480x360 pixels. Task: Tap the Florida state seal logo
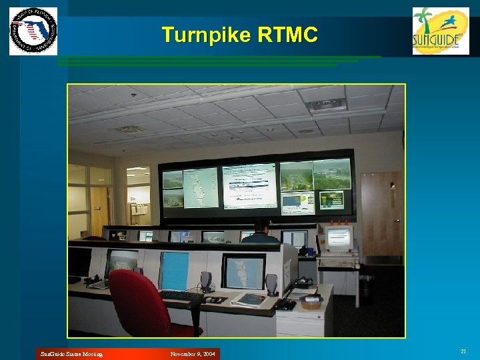[33, 31]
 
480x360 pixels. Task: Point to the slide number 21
[463, 351]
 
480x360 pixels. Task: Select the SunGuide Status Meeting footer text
[70, 354]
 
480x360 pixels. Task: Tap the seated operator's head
[261, 227]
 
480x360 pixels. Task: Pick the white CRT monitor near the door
[339, 238]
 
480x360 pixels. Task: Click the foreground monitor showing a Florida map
[243, 271]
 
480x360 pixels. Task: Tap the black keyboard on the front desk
[181, 295]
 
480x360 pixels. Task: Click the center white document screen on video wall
[249, 185]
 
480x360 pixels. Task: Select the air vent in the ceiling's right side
[325, 105]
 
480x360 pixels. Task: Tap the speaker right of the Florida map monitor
[271, 285]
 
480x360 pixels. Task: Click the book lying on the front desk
[248, 300]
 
